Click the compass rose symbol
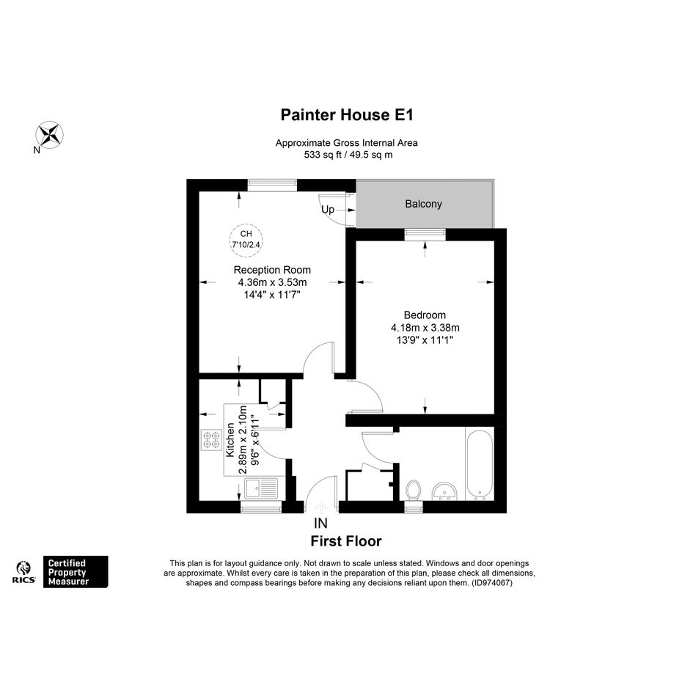[x=49, y=134]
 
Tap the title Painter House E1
[x=346, y=115]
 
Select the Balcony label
[x=423, y=204]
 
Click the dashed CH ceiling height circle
[x=246, y=240]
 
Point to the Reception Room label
[x=272, y=270]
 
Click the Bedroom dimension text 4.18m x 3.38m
[x=425, y=328]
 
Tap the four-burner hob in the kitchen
[x=211, y=440]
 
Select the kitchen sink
[x=261, y=488]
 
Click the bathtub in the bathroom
[x=480, y=463]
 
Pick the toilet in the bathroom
[x=414, y=491]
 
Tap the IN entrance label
[x=321, y=524]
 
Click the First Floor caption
[x=346, y=541]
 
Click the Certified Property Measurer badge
[x=76, y=572]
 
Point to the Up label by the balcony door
[x=328, y=210]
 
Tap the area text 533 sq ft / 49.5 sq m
[x=348, y=155]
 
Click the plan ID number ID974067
[x=492, y=582]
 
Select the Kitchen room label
[x=230, y=440]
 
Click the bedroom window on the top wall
[x=425, y=234]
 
